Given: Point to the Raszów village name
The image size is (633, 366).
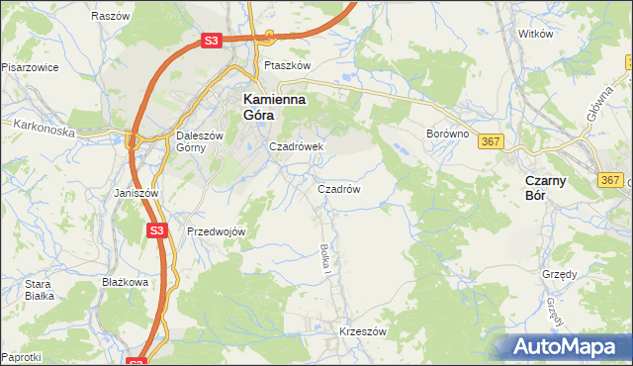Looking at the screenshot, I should point(110,17).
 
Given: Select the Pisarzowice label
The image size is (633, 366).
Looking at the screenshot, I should point(30,67).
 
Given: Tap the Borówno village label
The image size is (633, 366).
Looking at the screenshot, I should point(445,133).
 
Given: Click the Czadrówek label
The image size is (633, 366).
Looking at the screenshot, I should point(298,146).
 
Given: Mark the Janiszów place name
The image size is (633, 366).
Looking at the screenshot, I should point(136,193).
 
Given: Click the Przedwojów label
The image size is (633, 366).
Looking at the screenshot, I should point(216,231).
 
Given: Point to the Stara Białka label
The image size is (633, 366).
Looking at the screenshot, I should point(39,289).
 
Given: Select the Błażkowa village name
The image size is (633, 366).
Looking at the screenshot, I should point(125,282).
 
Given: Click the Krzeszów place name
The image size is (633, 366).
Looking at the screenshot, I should point(362,332).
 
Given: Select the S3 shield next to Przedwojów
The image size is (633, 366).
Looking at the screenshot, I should point(156,230).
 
